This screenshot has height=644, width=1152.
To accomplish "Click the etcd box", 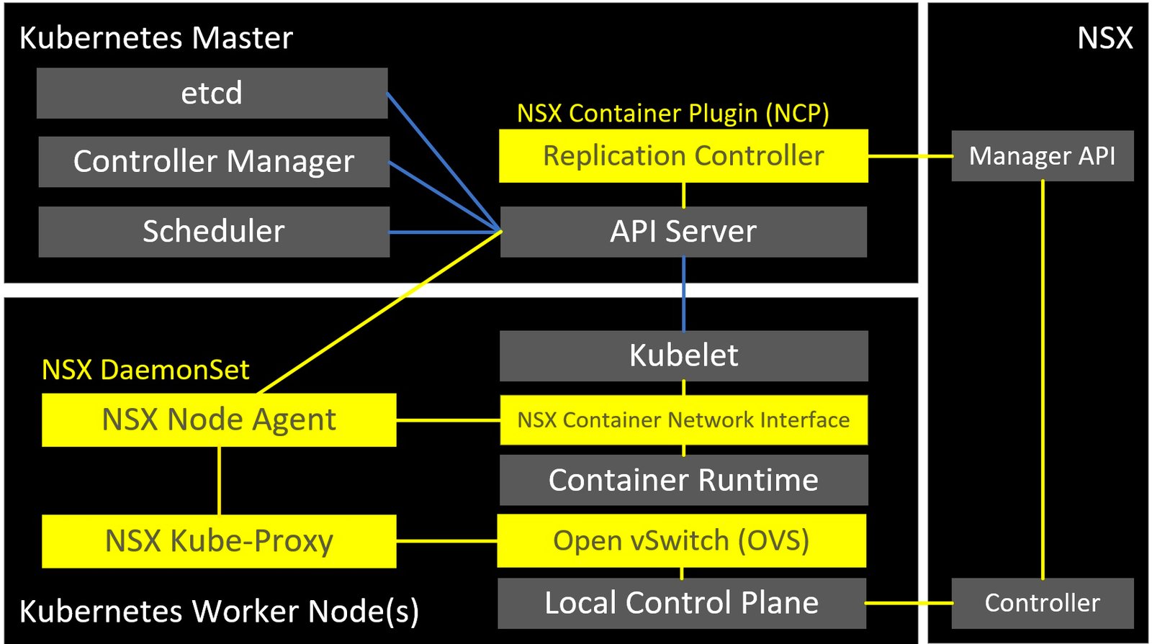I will pos(212,94).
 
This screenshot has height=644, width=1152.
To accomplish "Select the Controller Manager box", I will pos(214,162).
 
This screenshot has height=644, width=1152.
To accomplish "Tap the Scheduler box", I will pos(214,232).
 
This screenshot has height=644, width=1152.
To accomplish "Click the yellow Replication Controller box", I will pos(683,156).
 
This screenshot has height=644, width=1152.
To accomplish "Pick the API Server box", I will pos(683,232).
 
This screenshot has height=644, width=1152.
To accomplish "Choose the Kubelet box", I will pos(683,355).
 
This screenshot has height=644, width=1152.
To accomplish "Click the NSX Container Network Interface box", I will pos(683,419).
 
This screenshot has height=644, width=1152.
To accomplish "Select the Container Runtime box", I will pos(683,480).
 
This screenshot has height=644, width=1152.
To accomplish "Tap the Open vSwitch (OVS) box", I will pos(681,540).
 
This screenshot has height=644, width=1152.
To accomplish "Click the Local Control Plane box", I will pos(681,603).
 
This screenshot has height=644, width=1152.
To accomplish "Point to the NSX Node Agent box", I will pos(219,419).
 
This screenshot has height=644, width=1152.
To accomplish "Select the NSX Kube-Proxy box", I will pos(219,541).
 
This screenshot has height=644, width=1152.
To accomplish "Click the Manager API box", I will pos(1042,156).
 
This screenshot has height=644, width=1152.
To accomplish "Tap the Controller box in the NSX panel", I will pos(1042,603).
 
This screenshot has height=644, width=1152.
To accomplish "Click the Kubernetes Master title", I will pos(156,38).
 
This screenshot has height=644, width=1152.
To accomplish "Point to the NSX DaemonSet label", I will pos(145,370).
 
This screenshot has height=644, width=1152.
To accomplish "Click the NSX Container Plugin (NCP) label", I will pos(672,114).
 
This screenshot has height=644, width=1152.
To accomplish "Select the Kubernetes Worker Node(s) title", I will pos(219,612).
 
